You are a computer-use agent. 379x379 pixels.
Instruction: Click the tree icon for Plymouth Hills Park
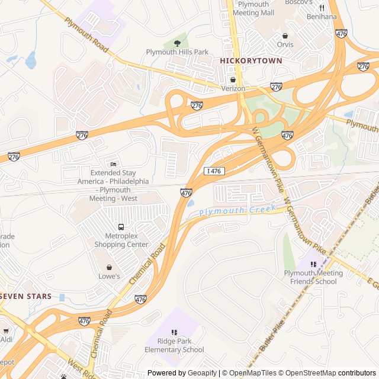[177, 43]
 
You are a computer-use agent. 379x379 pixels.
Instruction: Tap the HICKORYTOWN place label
[251, 61]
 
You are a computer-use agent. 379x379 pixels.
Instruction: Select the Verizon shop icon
[233, 79]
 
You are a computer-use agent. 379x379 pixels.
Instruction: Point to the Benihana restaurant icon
[322, 8]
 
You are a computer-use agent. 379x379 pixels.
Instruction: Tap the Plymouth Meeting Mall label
[253, 8]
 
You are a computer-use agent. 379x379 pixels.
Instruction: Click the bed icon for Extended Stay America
[114, 163]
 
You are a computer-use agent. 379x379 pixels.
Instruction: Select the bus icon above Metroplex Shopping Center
[121, 227]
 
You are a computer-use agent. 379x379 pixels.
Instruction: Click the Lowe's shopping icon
[109, 267]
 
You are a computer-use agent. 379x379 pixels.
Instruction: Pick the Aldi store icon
[6, 331]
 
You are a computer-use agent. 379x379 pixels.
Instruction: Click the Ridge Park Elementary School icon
[174, 332]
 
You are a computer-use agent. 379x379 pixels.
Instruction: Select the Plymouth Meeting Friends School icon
[313, 264]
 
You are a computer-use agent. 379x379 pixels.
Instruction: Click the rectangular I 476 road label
[214, 171]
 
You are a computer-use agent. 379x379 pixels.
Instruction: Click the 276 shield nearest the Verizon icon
[276, 86]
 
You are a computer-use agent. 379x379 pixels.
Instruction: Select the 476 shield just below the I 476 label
[186, 192]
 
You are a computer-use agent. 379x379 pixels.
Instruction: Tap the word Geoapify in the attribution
[202, 373]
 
